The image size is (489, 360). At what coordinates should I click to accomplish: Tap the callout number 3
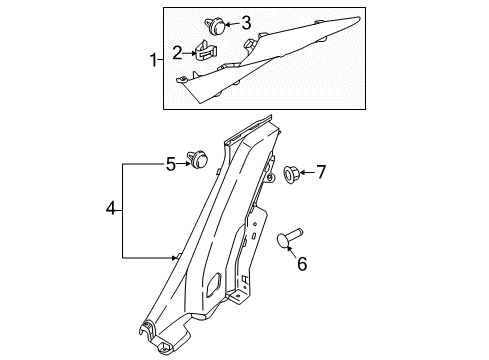tap(247, 21)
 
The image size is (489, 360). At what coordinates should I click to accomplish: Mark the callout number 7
tap(320, 173)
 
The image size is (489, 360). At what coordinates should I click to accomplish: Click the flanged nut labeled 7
tap(292, 174)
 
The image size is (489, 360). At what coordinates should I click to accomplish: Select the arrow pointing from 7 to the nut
tap(307, 173)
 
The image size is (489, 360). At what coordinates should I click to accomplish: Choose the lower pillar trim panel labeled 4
tap(215, 240)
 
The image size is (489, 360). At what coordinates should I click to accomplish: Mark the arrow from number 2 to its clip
tap(189, 54)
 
